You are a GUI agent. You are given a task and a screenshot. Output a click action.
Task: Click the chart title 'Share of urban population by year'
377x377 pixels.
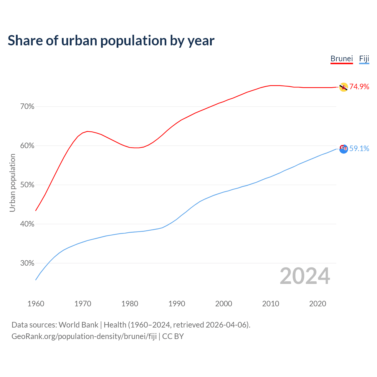tap(111, 41)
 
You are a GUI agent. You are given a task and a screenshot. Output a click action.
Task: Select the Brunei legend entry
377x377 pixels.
tap(342, 59)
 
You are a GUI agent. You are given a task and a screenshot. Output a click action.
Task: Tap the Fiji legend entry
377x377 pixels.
tap(364, 59)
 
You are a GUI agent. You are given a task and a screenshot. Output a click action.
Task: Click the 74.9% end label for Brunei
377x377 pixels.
tap(359, 87)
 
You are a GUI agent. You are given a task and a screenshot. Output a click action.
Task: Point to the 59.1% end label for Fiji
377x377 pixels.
tap(359, 148)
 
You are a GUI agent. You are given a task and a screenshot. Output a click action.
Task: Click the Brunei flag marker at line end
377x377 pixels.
tap(343, 87)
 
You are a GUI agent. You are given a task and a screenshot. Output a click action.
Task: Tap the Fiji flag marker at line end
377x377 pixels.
tap(343, 149)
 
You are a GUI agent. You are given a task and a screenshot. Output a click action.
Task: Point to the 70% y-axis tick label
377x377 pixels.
tap(27, 107)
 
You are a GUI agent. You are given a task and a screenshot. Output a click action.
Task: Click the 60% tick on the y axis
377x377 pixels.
tap(27, 146)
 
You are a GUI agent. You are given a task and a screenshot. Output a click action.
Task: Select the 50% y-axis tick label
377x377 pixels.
tap(27, 185)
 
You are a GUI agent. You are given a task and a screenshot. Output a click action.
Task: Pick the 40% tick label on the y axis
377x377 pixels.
tap(27, 224)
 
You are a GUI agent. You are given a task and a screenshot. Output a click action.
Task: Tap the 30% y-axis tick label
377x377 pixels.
tap(27, 263)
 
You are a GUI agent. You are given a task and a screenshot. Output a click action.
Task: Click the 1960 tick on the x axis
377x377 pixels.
tap(36, 304)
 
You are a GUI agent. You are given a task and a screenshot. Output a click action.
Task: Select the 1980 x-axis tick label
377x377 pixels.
tap(130, 304)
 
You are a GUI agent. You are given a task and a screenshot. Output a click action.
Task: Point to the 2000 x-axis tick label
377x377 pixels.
tap(224, 304)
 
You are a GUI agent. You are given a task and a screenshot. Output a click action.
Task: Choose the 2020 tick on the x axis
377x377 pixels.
tap(318, 304)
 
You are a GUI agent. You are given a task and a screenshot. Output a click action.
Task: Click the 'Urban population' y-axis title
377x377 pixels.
tap(12, 183)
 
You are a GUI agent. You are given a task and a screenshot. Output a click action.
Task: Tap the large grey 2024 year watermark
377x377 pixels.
tap(305, 276)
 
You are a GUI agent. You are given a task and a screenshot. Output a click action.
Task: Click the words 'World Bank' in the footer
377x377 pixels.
tap(78, 325)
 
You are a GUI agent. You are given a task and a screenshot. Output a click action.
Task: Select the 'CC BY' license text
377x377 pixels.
tap(173, 336)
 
